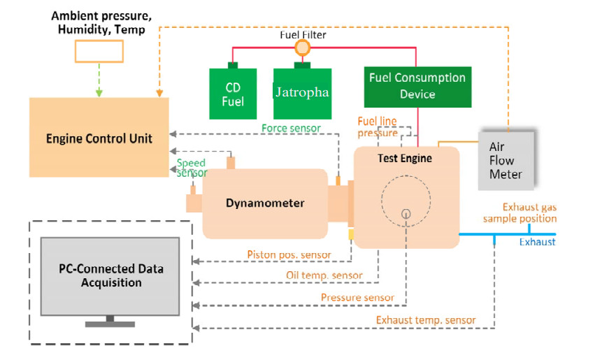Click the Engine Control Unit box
(x=99, y=137)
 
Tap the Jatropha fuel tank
(x=301, y=93)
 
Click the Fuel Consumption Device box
(x=417, y=85)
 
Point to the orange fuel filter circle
(x=302, y=48)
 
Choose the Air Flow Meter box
(x=506, y=160)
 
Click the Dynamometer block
(x=265, y=203)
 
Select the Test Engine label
(x=405, y=158)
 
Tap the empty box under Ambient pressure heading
(x=99, y=51)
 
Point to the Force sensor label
(x=291, y=128)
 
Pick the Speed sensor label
(x=192, y=168)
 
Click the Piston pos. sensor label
(x=289, y=254)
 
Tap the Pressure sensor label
(x=357, y=298)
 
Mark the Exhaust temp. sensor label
(x=426, y=321)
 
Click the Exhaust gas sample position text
(x=529, y=213)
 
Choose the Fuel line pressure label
(x=378, y=127)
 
